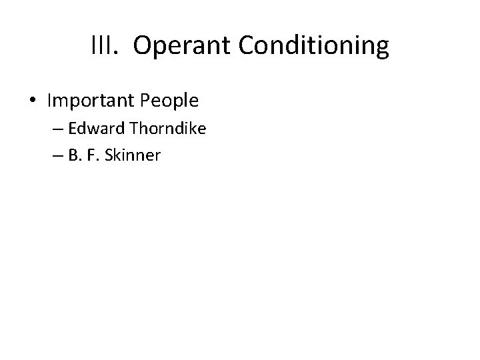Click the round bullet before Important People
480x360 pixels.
32,101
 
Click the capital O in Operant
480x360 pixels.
141,46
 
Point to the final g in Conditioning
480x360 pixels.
381,49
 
